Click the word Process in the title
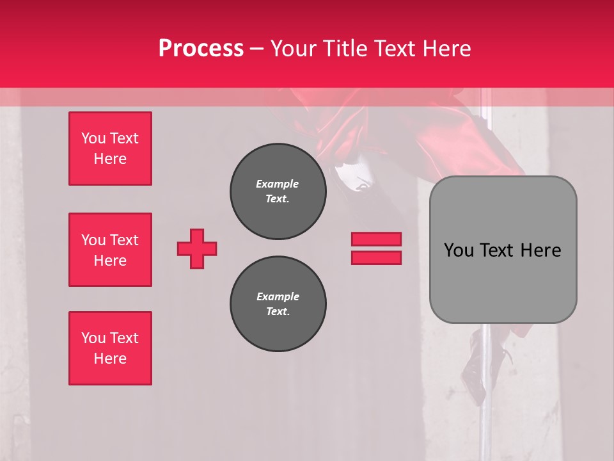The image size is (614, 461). [201, 49]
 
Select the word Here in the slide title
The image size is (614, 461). [446, 49]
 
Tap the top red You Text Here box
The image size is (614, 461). [110, 149]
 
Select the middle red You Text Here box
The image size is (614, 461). [110, 250]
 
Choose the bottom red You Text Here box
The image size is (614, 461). [110, 348]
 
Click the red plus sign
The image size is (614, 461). [197, 249]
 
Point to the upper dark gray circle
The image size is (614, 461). [278, 191]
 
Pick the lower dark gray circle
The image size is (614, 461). [278, 304]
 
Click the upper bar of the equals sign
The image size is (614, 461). [376, 239]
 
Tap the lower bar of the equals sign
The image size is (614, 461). [376, 258]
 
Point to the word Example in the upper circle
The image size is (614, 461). [278, 184]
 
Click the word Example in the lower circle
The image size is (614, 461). [278, 296]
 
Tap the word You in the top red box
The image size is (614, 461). [93, 138]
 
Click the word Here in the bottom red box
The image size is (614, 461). [110, 359]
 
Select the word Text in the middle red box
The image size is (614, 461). [124, 240]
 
